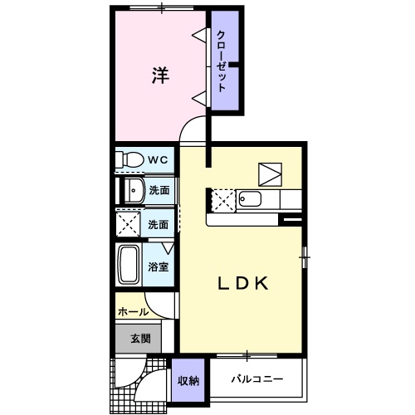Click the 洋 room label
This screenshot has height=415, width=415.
160,75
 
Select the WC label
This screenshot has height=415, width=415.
158,159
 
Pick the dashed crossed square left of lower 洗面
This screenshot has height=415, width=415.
129,223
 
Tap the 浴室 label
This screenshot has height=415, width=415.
159,266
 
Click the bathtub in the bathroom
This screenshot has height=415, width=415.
129,266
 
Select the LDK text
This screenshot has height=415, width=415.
242,284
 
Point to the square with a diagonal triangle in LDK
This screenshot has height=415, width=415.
271,173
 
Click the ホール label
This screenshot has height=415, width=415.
133,312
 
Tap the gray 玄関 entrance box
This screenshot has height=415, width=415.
139,338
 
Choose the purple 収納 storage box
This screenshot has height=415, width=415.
188,380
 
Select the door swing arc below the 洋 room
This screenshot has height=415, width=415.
193,129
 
